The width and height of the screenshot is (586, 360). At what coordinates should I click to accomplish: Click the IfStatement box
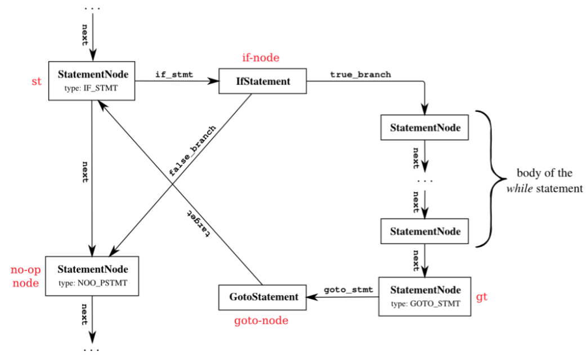coord(262,82)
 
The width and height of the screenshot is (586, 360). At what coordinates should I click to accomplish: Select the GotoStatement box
coord(262,296)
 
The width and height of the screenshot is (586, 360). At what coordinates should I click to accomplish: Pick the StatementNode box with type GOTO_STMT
coord(425,296)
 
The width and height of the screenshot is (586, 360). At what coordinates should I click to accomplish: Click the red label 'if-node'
coord(261,57)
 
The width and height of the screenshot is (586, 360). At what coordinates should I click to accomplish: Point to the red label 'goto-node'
coord(261,321)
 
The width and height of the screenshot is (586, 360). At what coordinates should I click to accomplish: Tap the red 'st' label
coord(37,82)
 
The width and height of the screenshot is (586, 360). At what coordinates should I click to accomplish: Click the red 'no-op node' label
coord(25,276)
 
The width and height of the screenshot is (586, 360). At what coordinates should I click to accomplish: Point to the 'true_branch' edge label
coord(360,74)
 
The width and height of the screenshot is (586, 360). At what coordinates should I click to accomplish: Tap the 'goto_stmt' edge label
coord(348,290)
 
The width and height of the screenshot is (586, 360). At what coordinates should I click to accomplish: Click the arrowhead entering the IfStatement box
coord(214,82)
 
